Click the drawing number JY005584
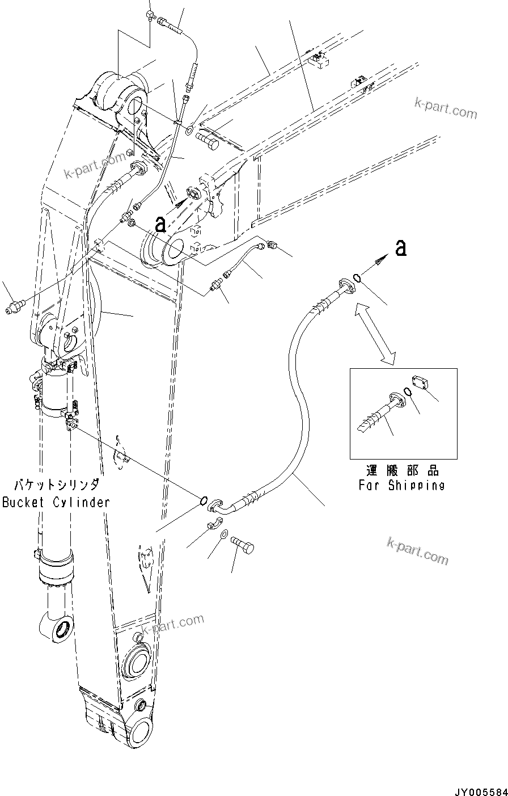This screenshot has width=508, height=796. click(479, 789)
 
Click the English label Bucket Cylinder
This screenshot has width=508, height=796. click(56, 502)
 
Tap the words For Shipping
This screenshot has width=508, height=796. click(401, 485)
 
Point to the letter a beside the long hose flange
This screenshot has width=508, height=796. click(401, 248)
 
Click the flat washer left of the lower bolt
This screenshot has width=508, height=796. click(224, 534)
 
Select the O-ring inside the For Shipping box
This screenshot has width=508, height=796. click(406, 392)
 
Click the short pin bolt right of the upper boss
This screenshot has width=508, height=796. click(211, 138)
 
